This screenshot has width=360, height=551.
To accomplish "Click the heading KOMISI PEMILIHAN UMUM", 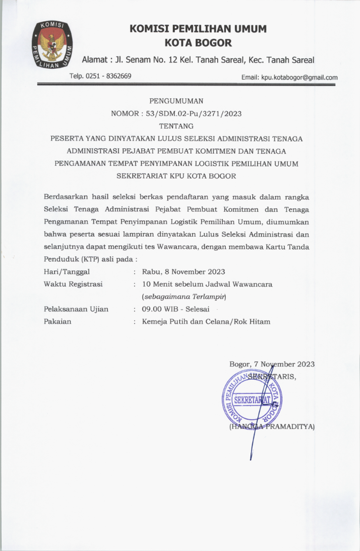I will click(198, 29).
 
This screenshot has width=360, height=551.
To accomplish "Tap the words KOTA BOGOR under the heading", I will click(198, 43).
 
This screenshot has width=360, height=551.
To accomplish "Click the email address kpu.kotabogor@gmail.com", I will click(289, 77).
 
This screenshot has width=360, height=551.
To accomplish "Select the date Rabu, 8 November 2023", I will click(184, 271).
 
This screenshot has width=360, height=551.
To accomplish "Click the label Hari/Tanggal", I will click(66, 271).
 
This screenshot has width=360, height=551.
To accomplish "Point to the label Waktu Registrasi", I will click(74, 284).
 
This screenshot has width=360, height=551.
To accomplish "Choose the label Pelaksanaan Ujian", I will click(76, 309).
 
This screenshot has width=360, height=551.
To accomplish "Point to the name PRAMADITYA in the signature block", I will click(289, 426).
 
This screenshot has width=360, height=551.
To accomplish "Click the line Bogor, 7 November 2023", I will click(272, 364).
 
